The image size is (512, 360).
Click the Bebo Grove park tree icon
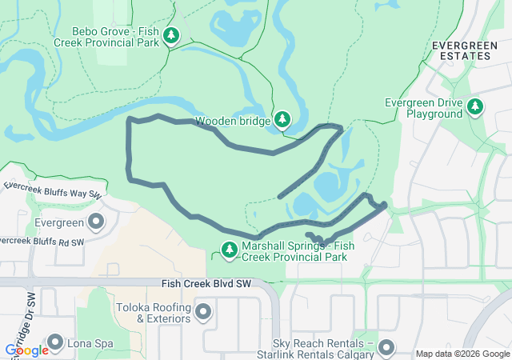coord(171,35)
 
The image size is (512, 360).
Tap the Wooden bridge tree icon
coord(282,120)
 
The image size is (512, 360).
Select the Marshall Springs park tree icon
coord(230,250)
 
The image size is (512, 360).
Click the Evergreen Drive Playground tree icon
coord(475,106)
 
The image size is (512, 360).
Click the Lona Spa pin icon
coord(55,343)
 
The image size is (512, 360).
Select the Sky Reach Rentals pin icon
coord(386,347)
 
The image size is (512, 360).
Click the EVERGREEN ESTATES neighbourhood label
coord(462,50)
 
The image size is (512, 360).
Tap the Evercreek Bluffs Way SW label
coord(52,190)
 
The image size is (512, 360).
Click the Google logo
coord(26,350)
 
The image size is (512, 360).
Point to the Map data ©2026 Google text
coord(462,354)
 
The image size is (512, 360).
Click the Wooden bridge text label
coord(231,121)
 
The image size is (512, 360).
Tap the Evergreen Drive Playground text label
coord(423,109)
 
